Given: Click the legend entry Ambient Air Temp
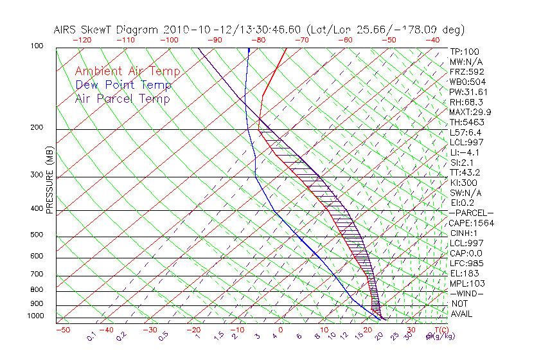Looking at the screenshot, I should point(127,71).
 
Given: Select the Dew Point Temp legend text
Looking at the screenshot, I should point(123,85).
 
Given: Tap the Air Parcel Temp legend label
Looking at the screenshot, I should point(122,98).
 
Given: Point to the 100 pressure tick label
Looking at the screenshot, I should point(37,46).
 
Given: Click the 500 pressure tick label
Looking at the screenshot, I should point(37,235).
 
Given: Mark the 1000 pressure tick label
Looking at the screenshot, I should point(35,316).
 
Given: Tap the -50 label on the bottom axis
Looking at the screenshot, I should point(63,330).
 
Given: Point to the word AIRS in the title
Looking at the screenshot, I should point(67,30).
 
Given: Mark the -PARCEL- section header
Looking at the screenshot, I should point(472,213).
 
